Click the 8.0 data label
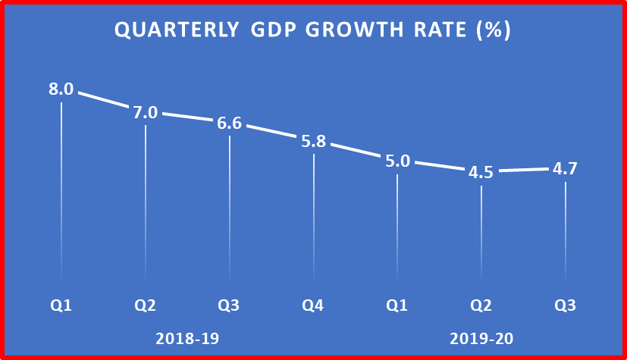tap(61, 89)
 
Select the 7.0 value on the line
tap(146, 113)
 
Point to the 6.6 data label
tap(229, 123)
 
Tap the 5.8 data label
tap(313, 142)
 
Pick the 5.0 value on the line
tap(397, 161)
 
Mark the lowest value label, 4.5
tap(481, 172)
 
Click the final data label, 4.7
tap(565, 168)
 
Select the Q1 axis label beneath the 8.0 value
tap(61, 306)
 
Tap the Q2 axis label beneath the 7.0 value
tap(146, 306)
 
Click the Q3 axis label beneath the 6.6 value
tap(229, 306)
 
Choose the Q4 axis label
tap(313, 306)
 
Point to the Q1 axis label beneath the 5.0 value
tap(397, 306)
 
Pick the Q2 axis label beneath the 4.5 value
tap(481, 306)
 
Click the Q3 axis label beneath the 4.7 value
tap(565, 306)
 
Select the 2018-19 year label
tap(187, 338)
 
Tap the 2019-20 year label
tap(481, 338)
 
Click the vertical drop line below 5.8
tap(313, 220)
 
